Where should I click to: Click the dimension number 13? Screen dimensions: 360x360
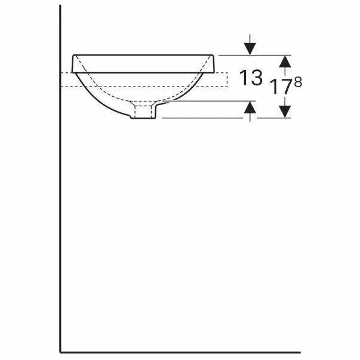pyautogui.click(x=251, y=78)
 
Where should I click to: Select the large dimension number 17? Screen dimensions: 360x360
pyautogui.click(x=281, y=87)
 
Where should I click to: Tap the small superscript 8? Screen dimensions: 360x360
pyautogui.click(x=298, y=82)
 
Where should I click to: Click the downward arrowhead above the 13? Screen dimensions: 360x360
pyautogui.click(x=250, y=49)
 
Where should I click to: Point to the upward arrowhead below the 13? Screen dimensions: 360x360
pyautogui.click(x=250, y=107)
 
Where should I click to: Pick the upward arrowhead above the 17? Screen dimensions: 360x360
pyautogui.click(x=285, y=61)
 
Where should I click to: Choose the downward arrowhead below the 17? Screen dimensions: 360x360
pyautogui.click(x=285, y=112)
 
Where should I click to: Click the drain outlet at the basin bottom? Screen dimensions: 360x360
pyautogui.click(x=143, y=112)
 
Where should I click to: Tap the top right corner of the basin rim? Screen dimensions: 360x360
pyautogui.click(x=214, y=55)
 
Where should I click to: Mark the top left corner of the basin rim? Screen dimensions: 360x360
pyautogui.click(x=73, y=55)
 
